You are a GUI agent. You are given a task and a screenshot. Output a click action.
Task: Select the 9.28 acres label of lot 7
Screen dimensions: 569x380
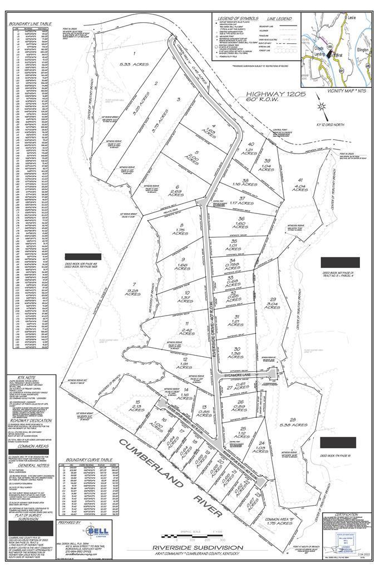click(x=133, y=291)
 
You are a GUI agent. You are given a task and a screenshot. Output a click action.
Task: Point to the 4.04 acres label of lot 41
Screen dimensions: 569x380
click(x=300, y=187)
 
